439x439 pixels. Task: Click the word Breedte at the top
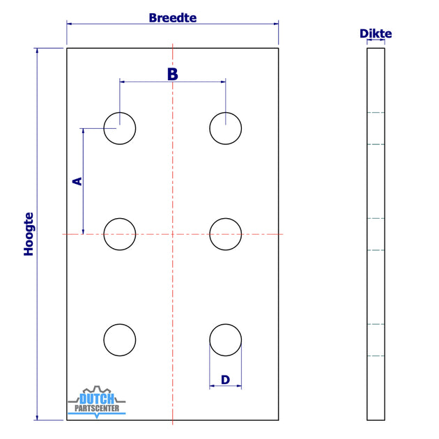172,17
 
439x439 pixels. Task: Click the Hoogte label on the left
29,234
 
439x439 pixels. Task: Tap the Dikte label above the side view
376,33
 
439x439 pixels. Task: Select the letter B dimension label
173,74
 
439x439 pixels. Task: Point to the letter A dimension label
77,181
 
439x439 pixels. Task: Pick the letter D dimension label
225,380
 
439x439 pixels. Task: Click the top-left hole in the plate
120,128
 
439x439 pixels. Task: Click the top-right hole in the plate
226,128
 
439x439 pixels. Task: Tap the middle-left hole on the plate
120,234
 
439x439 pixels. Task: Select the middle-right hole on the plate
226,234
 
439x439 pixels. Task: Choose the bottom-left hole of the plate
120,340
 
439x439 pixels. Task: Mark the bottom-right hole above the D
226,340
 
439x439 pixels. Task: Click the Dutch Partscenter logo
97,402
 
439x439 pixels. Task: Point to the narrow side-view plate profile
376,234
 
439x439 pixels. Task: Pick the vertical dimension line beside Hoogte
38,314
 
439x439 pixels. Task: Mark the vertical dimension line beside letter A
84,209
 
